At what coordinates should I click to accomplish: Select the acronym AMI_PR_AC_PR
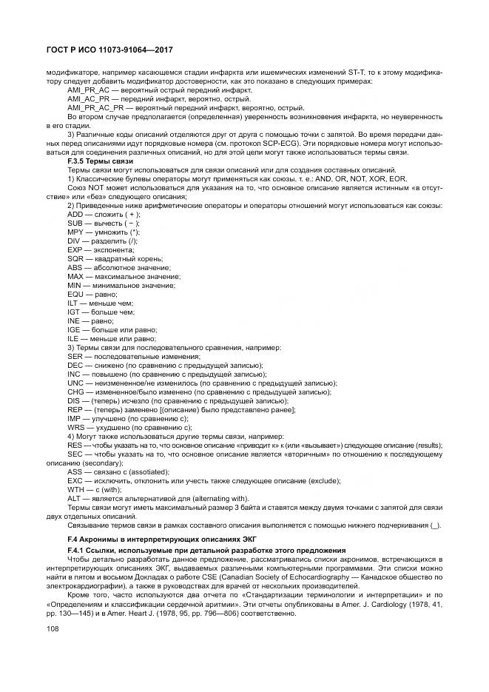click(91, 107)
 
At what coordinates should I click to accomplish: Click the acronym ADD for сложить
click(75, 214)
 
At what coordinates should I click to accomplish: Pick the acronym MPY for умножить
click(75, 232)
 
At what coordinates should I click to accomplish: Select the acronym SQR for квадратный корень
click(75, 258)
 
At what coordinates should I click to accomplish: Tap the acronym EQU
click(75, 294)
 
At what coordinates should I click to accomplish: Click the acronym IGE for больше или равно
click(74, 329)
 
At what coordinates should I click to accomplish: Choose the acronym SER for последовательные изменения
click(75, 356)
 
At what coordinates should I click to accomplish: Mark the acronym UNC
click(75, 383)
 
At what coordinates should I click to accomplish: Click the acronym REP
click(75, 409)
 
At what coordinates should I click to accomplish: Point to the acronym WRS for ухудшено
click(75, 427)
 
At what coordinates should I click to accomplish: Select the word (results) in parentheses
click(429, 445)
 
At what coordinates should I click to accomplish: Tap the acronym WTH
click(75, 489)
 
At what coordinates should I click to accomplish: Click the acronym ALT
click(74, 498)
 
